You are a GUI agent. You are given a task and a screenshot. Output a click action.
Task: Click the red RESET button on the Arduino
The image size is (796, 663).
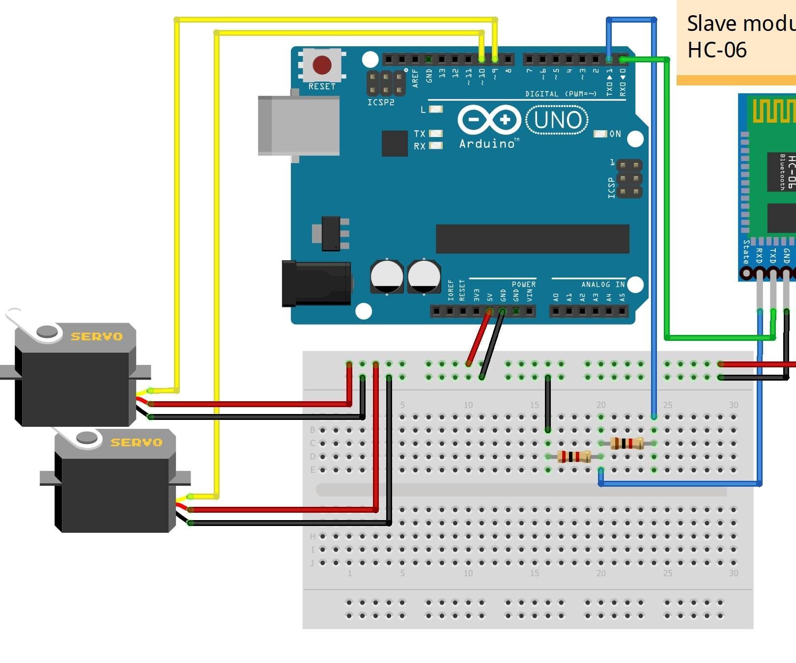coord(322,64)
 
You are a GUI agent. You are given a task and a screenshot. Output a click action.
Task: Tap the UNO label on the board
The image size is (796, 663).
coord(557,120)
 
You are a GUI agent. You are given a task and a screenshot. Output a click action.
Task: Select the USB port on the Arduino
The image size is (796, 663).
coord(298,126)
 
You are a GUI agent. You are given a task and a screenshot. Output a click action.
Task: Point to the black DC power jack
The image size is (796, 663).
coord(316,283)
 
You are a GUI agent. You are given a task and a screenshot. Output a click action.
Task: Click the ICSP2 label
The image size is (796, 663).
coord(380,102)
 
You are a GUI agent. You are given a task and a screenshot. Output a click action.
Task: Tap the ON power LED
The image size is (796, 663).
coord(600,134)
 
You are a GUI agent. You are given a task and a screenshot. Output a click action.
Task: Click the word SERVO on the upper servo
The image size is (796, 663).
coord(96,336)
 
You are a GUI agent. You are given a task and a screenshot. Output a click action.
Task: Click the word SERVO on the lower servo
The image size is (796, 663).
coord(136,442)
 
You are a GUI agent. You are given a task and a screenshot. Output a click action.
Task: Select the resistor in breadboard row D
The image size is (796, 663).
coord(574,457)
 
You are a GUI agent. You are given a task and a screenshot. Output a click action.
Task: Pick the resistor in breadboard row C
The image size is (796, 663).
coord(626,443)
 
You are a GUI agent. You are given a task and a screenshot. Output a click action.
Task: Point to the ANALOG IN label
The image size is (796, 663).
coord(602,284)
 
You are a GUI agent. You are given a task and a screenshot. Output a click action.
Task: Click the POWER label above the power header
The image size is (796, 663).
coord(523,284)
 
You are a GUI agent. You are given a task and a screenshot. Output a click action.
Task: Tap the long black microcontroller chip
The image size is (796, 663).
coord(532,239)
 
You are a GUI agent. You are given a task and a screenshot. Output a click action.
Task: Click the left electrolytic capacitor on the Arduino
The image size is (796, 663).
coord(387,276)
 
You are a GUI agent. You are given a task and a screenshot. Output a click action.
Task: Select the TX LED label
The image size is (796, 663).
coord(419,134)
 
